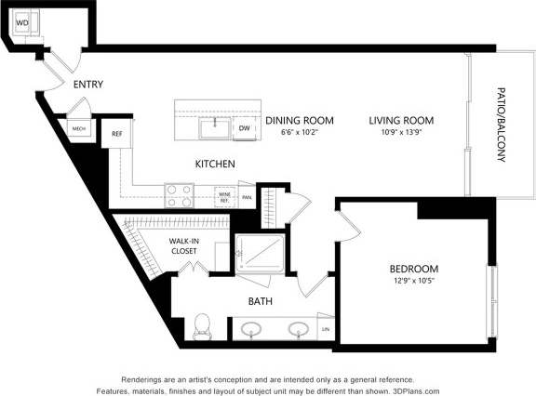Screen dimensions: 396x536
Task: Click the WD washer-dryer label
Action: click(x=21, y=20)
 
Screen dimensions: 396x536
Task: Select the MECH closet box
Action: click(x=79, y=129)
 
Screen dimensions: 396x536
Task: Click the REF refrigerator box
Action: click(x=117, y=134)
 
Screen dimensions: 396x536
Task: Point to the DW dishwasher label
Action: click(x=244, y=128)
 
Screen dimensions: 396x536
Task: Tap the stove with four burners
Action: click(x=179, y=195)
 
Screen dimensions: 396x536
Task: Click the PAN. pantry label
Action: click(x=247, y=197)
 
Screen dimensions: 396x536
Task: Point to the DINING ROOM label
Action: click(x=298, y=120)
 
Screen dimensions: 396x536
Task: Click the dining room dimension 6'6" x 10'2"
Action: click(x=299, y=132)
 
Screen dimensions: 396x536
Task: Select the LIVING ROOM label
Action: click(x=401, y=120)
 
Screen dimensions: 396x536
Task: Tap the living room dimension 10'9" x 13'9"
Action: click(x=401, y=132)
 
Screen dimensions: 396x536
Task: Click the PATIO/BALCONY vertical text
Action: click(x=501, y=125)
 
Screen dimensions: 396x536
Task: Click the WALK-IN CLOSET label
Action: click(x=182, y=245)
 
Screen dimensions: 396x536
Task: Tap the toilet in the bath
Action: click(x=202, y=327)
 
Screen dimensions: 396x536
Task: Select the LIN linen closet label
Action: click(x=325, y=329)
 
